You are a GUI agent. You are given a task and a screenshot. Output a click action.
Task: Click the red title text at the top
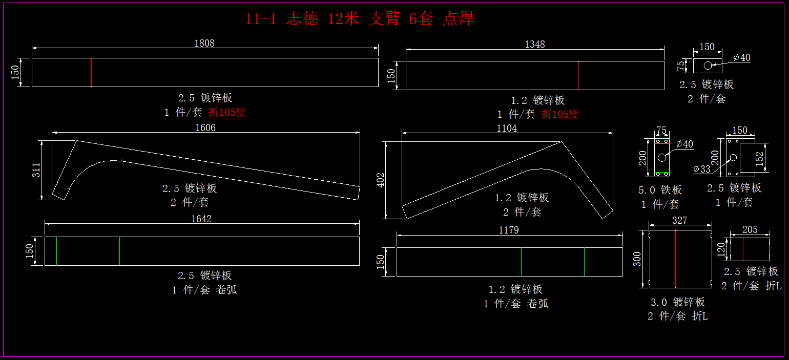[360, 19]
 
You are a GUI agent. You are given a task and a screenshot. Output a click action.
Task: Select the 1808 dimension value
[204, 44]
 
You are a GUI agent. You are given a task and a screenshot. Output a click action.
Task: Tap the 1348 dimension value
[535, 45]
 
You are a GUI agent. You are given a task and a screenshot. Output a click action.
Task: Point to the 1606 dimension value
[205, 128]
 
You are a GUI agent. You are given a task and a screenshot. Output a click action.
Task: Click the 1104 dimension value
[507, 129]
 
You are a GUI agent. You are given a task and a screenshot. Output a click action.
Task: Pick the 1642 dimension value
[201, 219]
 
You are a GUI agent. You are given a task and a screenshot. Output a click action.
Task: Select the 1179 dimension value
[509, 230]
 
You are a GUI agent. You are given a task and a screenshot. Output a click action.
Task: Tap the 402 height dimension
[381, 180]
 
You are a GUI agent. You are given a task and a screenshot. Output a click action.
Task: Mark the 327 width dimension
[679, 221]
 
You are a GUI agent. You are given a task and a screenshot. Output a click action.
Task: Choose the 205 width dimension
[750, 230]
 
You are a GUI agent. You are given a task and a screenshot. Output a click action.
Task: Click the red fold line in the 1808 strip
[92, 72]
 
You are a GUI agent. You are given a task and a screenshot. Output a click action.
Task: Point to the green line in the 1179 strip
[584, 262]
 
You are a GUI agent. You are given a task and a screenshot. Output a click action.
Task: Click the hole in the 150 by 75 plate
[708, 66]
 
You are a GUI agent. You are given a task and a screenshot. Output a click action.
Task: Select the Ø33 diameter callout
[702, 168]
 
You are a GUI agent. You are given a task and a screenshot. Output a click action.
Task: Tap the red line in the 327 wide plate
[676, 259]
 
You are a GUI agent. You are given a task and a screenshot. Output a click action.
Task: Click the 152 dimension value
[760, 158]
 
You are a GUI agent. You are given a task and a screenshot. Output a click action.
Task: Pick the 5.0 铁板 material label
[660, 190]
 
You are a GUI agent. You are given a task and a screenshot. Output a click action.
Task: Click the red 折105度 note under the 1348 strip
[560, 114]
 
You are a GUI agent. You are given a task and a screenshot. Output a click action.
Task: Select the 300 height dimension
[637, 259]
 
